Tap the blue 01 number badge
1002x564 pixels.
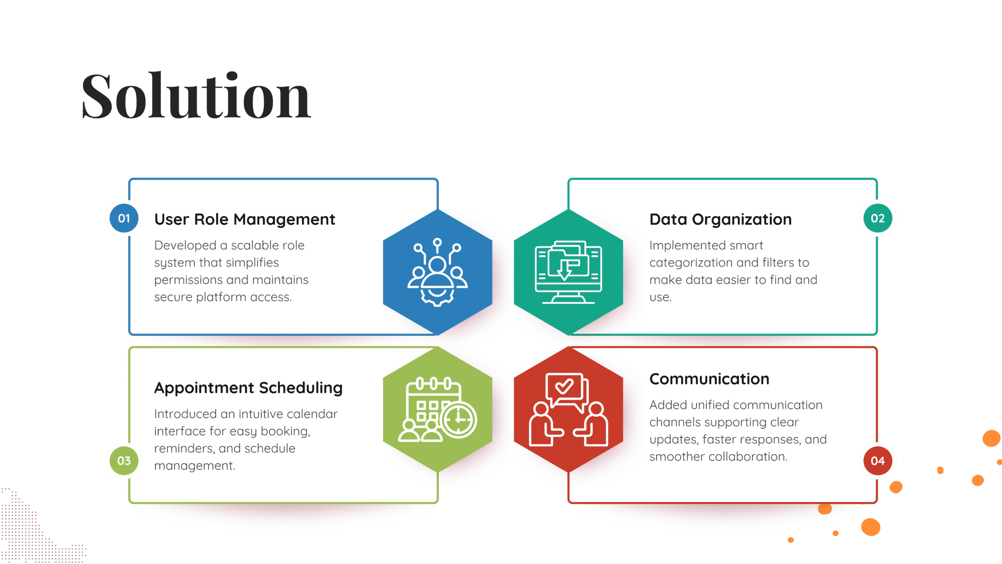point(124,218)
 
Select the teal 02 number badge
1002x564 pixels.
point(878,218)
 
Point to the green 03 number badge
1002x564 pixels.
point(124,461)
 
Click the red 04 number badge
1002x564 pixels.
point(878,461)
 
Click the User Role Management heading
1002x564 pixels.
point(245,220)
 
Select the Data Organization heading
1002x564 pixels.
point(720,220)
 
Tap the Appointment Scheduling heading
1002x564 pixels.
point(248,388)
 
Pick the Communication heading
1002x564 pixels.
point(709,379)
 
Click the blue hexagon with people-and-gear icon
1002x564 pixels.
point(437,272)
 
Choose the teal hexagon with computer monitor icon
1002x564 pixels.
point(568,272)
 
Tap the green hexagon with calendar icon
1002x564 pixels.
point(437,409)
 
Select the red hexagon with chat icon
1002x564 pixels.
point(568,409)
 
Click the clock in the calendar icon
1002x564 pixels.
point(458,419)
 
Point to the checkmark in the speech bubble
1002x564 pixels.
point(564,387)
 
